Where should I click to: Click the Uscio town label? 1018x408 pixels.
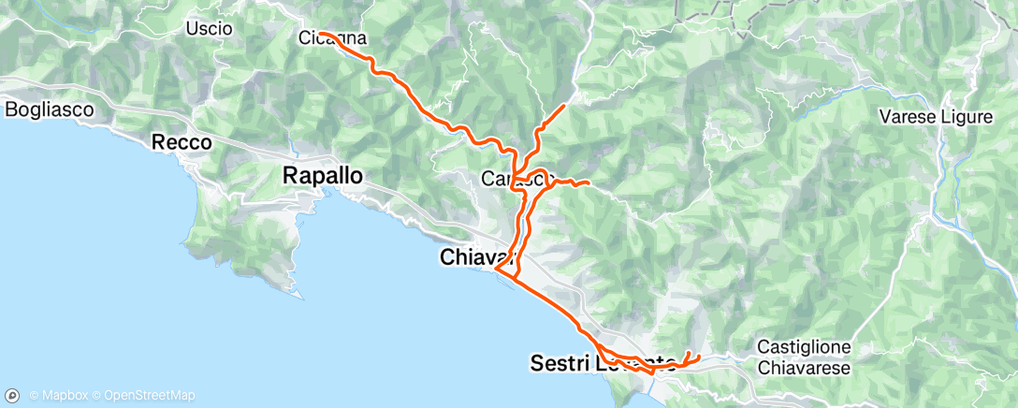pyautogui.click(x=209, y=29)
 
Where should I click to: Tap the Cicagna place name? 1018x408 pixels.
pyautogui.click(x=331, y=39)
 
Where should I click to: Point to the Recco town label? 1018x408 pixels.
pyautogui.click(x=182, y=144)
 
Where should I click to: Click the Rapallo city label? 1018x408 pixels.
pyautogui.click(x=323, y=175)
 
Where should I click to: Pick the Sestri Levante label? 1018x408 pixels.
pyautogui.click(x=603, y=363)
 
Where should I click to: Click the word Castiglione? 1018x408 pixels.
pyautogui.click(x=803, y=347)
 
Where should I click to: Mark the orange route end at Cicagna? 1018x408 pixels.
pyautogui.click(x=320, y=33)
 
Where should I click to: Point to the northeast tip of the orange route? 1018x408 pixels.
pyautogui.click(x=563, y=106)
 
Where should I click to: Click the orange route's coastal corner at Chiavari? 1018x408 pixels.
pyautogui.click(x=496, y=271)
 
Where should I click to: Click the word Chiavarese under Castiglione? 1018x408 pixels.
pyautogui.click(x=804, y=368)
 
